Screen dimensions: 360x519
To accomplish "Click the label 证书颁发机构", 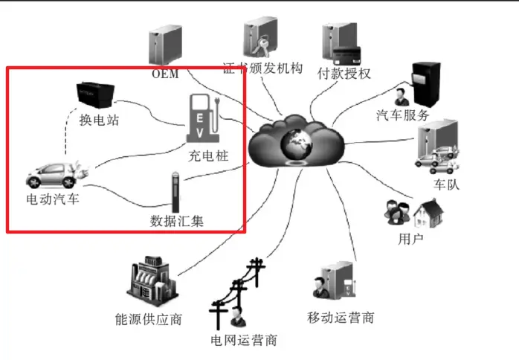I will (263, 68).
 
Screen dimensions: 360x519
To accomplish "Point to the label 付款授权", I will (344, 74).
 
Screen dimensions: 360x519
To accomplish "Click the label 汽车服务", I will (402, 115).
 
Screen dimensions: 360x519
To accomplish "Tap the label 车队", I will (447, 184).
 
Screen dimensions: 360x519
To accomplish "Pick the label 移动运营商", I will (341, 318).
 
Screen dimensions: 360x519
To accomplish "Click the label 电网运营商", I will (244, 341).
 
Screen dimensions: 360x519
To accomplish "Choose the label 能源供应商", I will (149, 320).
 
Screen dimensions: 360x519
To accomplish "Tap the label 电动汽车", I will (53, 200).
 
